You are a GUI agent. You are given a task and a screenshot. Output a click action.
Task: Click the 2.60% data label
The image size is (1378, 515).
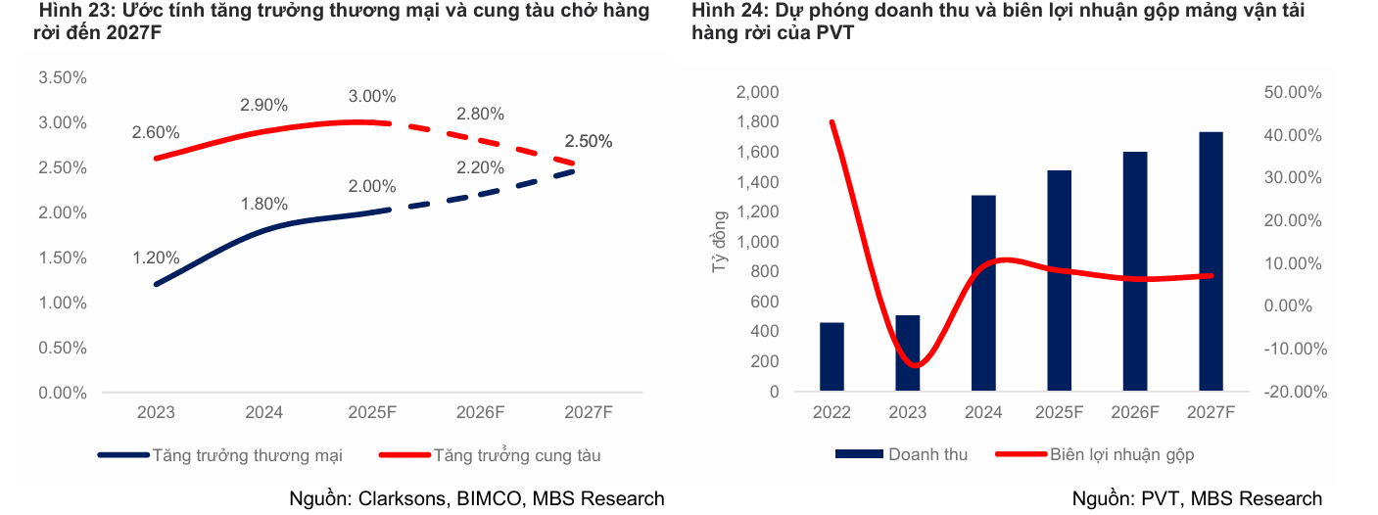click(156, 132)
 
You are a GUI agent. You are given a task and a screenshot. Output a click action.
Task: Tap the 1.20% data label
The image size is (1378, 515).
click(156, 258)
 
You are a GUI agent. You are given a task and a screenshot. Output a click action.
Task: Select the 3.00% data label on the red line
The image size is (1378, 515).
click(372, 96)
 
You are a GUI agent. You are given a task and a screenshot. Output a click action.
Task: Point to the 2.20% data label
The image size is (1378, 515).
click(480, 167)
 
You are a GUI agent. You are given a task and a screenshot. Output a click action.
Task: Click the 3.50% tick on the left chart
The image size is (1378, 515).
click(63, 77)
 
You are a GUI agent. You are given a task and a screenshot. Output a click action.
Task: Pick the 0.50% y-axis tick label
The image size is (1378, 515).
click(63, 348)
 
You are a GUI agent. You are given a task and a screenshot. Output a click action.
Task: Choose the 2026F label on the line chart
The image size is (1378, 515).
click(480, 412)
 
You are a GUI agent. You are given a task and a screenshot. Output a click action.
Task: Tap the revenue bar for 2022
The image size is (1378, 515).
click(832, 356)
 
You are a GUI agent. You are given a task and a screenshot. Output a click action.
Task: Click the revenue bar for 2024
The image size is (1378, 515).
click(983, 293)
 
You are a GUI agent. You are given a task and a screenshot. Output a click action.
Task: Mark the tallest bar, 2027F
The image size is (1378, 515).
click(1211, 261)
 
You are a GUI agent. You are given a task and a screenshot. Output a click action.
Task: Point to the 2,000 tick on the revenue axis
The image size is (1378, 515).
click(756, 92)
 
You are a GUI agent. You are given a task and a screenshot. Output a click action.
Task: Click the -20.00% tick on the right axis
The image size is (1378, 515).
click(1296, 392)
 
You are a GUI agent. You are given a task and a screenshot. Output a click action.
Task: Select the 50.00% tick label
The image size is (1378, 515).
click(1296, 92)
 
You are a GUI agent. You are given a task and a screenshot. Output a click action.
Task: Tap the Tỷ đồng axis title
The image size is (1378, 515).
click(721, 241)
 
